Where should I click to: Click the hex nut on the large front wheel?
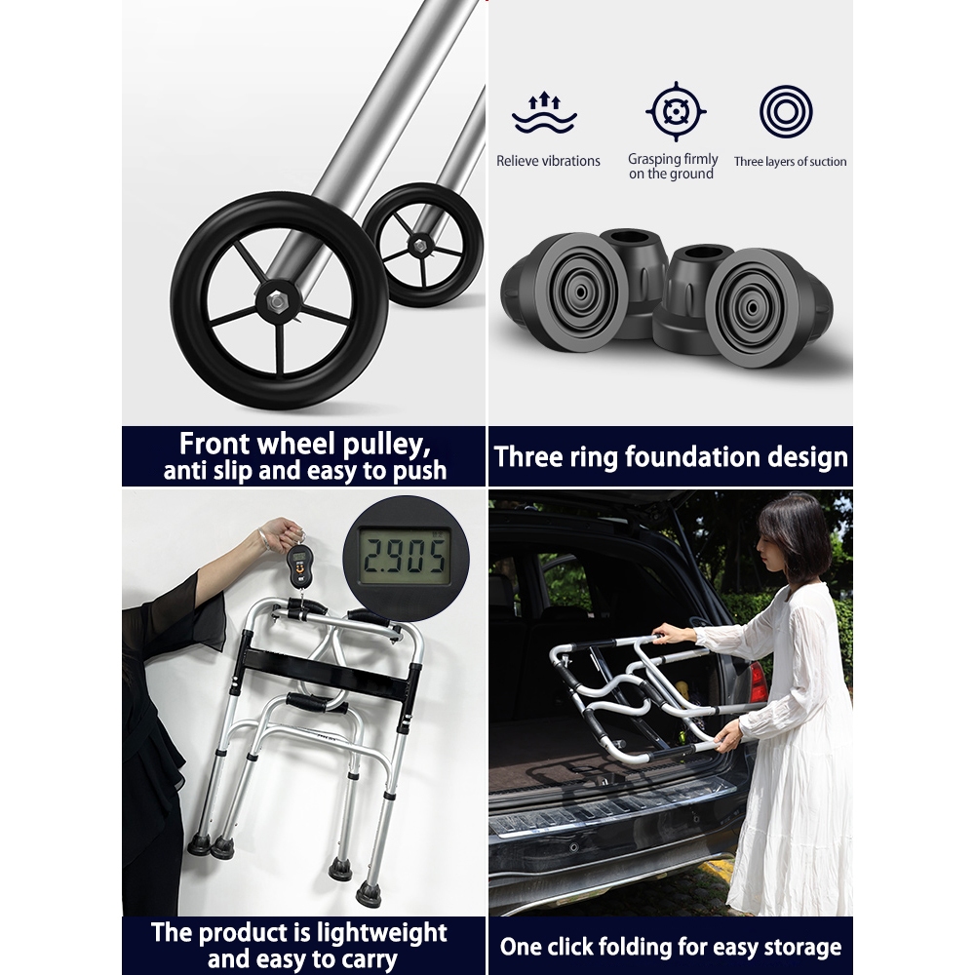(278, 303)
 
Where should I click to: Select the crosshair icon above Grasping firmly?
(676, 112)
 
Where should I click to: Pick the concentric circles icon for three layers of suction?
(786, 112)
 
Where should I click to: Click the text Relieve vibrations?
(548, 161)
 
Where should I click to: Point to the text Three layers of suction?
(790, 162)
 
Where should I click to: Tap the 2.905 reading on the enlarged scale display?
(405, 555)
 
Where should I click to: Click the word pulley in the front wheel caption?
(386, 445)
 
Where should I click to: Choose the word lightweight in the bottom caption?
(381, 933)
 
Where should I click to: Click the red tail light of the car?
(758, 682)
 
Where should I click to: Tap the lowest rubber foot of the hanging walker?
(369, 895)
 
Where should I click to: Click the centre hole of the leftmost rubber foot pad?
(580, 292)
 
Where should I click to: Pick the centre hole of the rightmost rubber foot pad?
(752, 307)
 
